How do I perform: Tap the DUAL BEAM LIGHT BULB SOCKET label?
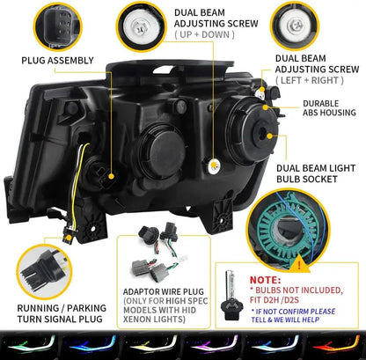coord(314,173)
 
